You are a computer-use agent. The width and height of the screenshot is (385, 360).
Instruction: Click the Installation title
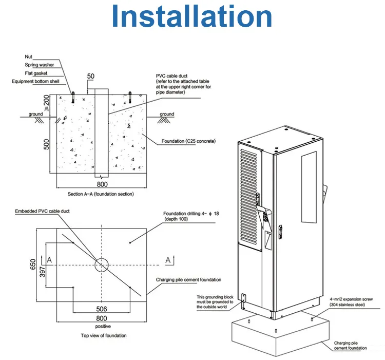(192, 16)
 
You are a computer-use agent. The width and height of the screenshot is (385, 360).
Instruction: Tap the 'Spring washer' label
(39, 65)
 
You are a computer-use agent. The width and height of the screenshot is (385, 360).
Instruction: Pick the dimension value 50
(91, 77)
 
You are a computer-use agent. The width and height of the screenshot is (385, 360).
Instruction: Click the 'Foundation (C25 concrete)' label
(188, 141)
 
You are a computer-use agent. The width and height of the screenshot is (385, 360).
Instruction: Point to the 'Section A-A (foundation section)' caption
(101, 194)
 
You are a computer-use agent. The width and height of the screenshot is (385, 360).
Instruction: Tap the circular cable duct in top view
(102, 264)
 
